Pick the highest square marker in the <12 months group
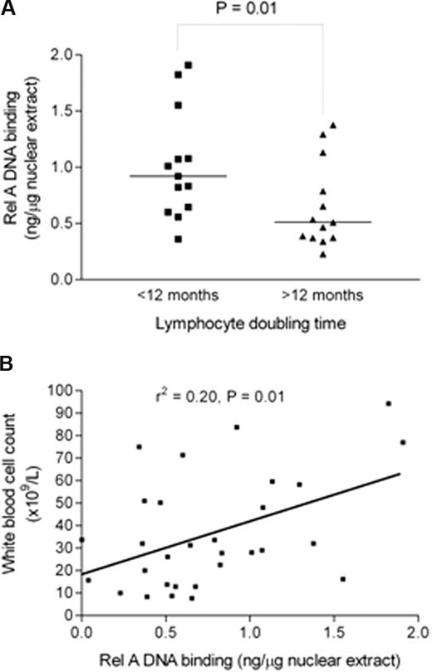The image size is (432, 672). point(189,65)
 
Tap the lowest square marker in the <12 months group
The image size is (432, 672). point(179,239)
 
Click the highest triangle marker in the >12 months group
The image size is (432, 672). point(333,125)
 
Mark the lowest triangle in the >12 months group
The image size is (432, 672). point(322,254)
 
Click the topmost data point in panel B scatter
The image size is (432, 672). point(388,403)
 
